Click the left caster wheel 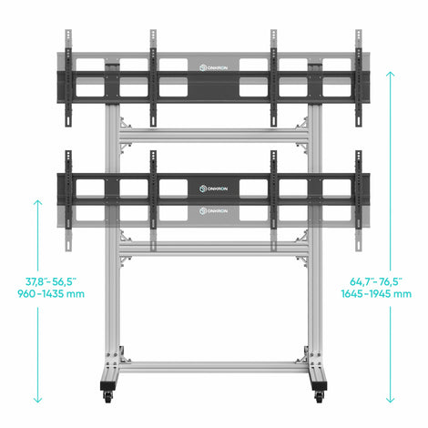[x=107, y=397]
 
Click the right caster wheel [x=319, y=397]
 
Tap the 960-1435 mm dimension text [x=51, y=294]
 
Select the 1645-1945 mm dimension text [x=376, y=294]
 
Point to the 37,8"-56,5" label [x=50, y=281]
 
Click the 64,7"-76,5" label [x=376, y=281]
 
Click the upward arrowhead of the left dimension [x=37, y=202]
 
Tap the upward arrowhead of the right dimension [x=391, y=74]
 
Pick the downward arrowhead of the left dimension [x=37, y=400]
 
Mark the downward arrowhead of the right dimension [x=391, y=400]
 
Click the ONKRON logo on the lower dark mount [x=213, y=189]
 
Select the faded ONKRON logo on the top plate [x=213, y=67]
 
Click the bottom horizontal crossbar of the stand [x=214, y=367]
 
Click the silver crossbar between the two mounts [x=214, y=135]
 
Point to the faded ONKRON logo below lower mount [x=213, y=211]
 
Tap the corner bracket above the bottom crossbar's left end [x=124, y=356]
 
